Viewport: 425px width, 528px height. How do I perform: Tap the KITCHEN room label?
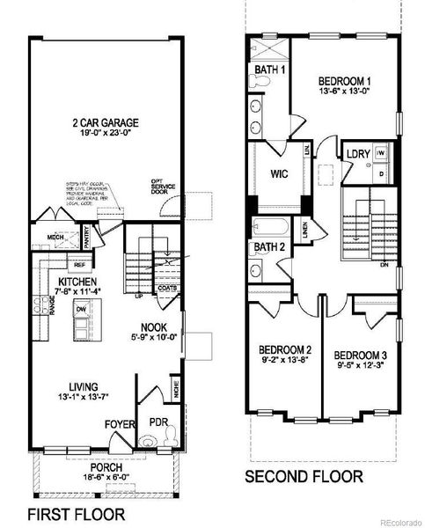pos(72,282)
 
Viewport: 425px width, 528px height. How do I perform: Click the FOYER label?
pos(119,425)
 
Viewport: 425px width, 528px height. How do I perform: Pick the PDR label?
pos(159,422)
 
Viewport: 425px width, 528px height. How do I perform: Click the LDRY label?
pos(358,154)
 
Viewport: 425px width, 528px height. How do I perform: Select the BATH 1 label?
pos(270,70)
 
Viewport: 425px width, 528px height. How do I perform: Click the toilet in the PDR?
pos(173,433)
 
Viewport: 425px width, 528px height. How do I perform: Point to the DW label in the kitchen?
pos(80,310)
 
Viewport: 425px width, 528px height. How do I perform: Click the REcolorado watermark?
pos(400,522)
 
